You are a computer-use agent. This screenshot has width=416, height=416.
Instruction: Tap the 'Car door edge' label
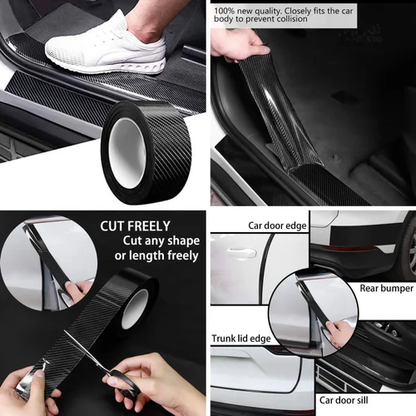(x=277, y=225)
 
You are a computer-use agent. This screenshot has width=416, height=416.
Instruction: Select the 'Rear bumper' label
(x=387, y=288)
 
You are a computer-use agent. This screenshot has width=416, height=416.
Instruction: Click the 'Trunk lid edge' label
(x=241, y=339)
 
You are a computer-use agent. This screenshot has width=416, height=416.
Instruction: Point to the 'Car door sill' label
(x=344, y=400)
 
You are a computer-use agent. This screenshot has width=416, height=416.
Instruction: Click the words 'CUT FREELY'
(x=135, y=226)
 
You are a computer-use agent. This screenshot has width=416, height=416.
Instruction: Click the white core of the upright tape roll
(x=126, y=152)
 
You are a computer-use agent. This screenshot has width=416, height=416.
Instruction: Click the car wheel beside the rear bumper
(x=410, y=250)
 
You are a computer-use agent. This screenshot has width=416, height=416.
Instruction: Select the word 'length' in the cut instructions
(x=143, y=255)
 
